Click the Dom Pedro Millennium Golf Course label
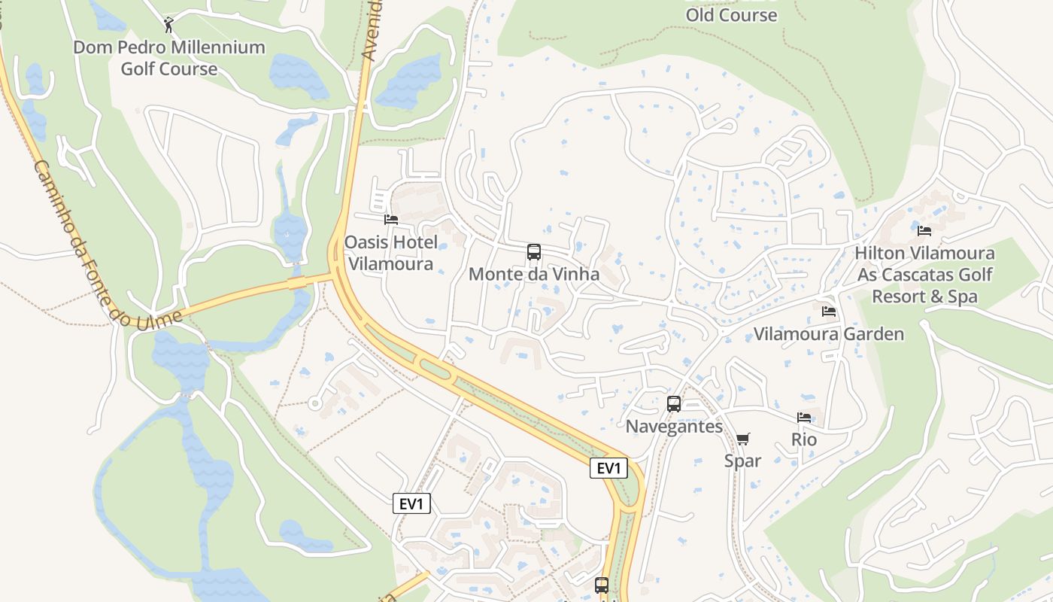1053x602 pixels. [168, 58]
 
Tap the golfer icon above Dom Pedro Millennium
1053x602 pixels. [168, 26]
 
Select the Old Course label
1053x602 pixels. [731, 14]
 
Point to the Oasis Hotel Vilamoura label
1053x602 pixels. [390, 253]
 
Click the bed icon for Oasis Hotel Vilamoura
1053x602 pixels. [390, 220]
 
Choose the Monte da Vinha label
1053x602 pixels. [534, 274]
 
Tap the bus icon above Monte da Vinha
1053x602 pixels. [534, 252]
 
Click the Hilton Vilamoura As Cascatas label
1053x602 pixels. [924, 275]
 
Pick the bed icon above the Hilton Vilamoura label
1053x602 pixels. [924, 230]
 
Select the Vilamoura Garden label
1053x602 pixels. [829, 334]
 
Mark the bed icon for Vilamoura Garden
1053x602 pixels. [829, 311]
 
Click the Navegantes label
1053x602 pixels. [674, 427]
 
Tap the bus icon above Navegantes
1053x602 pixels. [674, 404]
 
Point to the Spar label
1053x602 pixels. [742, 461]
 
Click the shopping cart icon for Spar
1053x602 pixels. [743, 439]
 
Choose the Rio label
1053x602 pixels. [804, 439]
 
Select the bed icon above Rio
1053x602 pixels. [804, 418]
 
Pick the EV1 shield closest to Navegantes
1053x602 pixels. [608, 468]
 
